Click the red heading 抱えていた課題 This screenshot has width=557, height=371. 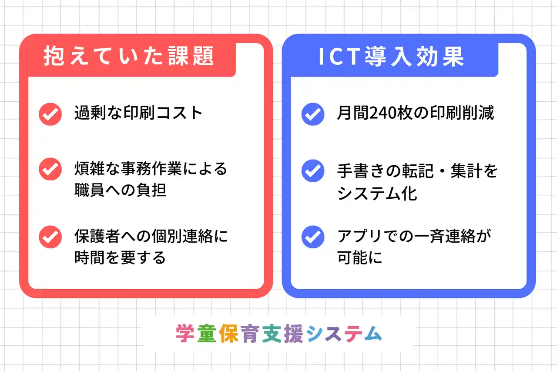pyautogui.click(x=128, y=56)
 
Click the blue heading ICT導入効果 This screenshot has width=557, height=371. pyautogui.click(x=391, y=57)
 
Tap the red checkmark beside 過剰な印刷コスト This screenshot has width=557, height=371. pyautogui.click(x=50, y=114)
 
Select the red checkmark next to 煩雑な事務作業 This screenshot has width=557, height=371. pyautogui.click(x=50, y=169)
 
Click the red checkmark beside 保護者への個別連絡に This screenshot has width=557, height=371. pyautogui.click(x=50, y=237)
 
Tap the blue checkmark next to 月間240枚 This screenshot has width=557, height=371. pyautogui.click(x=313, y=114)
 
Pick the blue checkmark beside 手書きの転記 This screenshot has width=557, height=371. pyautogui.click(x=313, y=171)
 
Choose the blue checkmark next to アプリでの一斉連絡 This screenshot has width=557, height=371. pyautogui.click(x=313, y=237)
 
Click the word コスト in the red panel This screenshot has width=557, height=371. pyautogui.click(x=179, y=113)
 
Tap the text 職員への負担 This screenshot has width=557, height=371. pyautogui.click(x=121, y=190)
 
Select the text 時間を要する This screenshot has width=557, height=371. pyautogui.click(x=120, y=257)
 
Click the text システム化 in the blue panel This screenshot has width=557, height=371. pyautogui.click(x=377, y=194)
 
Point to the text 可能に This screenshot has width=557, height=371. pyautogui.click(x=359, y=257)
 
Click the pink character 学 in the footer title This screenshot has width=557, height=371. pyautogui.click(x=185, y=334)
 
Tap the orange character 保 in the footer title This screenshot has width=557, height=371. pyautogui.click(x=229, y=334)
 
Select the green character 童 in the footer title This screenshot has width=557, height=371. pyautogui.click(x=207, y=334)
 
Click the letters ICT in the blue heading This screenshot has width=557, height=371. pyautogui.click(x=340, y=57)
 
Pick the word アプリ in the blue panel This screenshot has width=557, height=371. pyautogui.click(x=359, y=236)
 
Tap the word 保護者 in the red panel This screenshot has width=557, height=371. pyautogui.click(x=97, y=236)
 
